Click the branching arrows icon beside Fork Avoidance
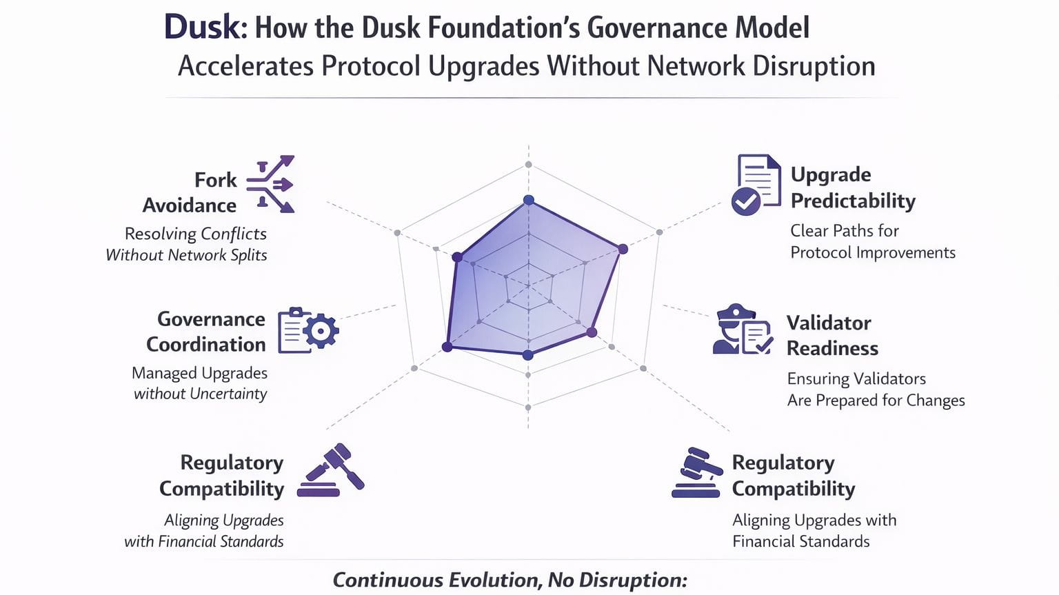pyautogui.click(x=271, y=184)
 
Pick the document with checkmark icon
pyautogui.click(x=756, y=184)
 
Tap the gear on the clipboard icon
pyautogui.click(x=321, y=331)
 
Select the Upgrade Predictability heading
pyautogui.click(x=852, y=188)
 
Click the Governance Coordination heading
pyautogui.click(x=206, y=332)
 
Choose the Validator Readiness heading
pyautogui.click(x=832, y=335)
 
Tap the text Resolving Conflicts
pyautogui.click(x=196, y=234)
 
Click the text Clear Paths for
pyautogui.click(x=844, y=230)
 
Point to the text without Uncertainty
pyautogui.click(x=200, y=394)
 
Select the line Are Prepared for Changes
pyautogui.click(x=876, y=400)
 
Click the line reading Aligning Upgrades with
pyautogui.click(x=814, y=520)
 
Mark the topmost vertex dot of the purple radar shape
pyautogui.click(x=529, y=200)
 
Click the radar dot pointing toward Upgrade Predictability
pyautogui.click(x=623, y=249)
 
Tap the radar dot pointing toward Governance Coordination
pyautogui.click(x=447, y=347)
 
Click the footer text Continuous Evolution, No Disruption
pyautogui.click(x=510, y=580)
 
